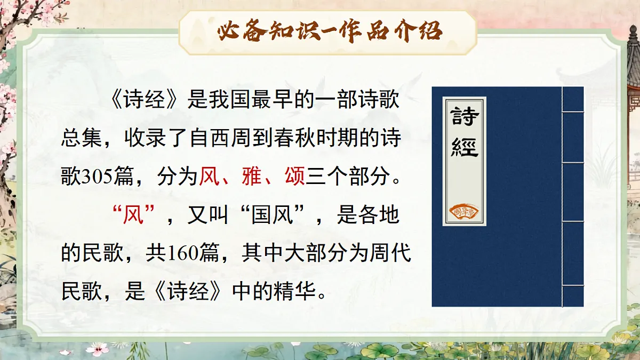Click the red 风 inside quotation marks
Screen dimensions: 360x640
tap(134, 216)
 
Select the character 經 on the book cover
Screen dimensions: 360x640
tap(464, 145)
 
